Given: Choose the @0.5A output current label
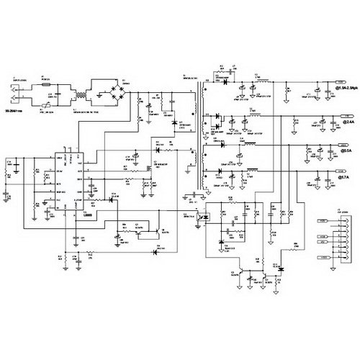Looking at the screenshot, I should coord(345,151).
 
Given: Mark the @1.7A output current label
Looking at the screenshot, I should coord(345,176).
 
